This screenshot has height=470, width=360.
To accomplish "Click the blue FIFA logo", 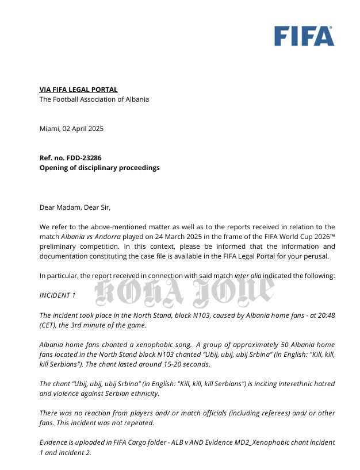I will click(x=304, y=36).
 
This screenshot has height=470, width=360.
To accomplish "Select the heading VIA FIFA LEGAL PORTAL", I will click(x=78, y=90).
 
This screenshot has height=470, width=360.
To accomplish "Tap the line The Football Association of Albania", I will click(x=94, y=99).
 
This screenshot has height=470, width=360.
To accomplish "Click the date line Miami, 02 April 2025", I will click(x=71, y=129).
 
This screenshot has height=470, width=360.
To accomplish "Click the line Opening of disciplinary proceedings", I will click(x=99, y=168).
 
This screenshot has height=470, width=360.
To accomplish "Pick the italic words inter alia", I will click(x=248, y=276).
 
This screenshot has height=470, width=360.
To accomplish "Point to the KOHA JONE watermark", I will click(x=183, y=292).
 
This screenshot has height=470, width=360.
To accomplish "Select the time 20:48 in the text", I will click(x=325, y=315).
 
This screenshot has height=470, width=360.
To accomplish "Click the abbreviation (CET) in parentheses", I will click(x=48, y=325).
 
